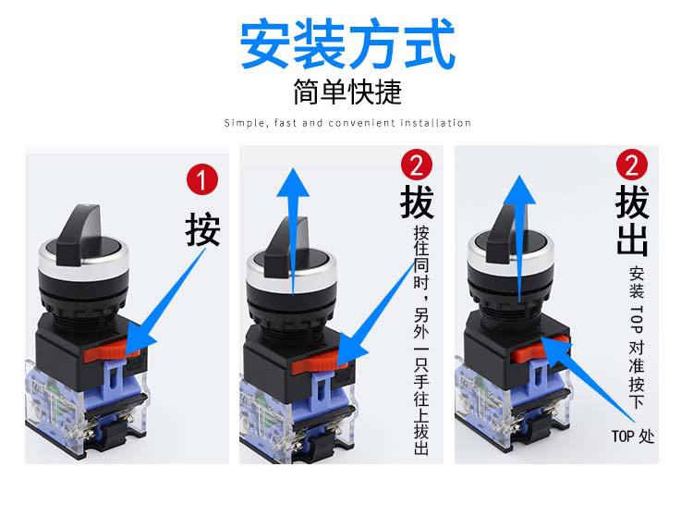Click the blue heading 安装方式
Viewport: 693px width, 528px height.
(x=346, y=43)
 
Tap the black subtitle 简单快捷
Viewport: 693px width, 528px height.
(x=347, y=92)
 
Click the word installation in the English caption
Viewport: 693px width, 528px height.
(x=435, y=122)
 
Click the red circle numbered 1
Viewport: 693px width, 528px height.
(x=202, y=179)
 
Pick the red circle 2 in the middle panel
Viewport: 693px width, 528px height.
(x=417, y=165)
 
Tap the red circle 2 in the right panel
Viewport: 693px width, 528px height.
(x=632, y=165)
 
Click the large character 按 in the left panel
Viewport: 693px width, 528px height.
(x=202, y=229)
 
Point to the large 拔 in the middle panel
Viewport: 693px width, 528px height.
(x=417, y=202)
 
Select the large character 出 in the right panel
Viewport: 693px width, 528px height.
(x=632, y=240)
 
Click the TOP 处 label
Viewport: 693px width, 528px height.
(x=632, y=436)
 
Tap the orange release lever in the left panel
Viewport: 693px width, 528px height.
(x=112, y=352)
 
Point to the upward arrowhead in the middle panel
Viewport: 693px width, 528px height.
(x=293, y=182)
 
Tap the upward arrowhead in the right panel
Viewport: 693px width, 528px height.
(x=519, y=190)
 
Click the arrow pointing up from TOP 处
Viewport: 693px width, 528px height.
(x=588, y=379)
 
